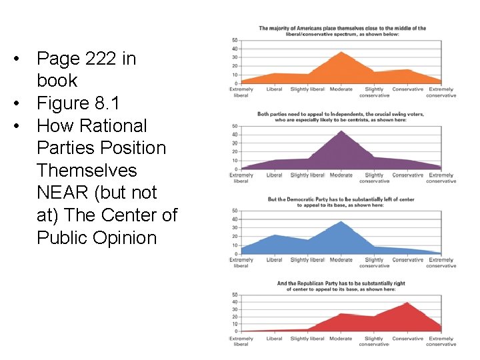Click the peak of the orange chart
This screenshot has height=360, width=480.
click(x=341, y=52)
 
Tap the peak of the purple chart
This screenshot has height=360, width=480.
click(x=341, y=131)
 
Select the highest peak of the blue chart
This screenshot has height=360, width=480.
click(x=341, y=221)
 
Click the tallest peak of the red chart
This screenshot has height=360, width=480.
click(x=407, y=303)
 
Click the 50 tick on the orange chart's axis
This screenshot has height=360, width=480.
click(x=235, y=40)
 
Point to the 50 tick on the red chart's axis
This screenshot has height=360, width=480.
click(x=235, y=295)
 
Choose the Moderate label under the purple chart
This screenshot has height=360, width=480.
click(x=341, y=175)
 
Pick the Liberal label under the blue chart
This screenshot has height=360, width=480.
click(x=274, y=260)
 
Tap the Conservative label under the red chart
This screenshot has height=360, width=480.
click(x=407, y=339)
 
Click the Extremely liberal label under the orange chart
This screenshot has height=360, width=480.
click(x=241, y=92)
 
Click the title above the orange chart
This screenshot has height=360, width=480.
click(x=342, y=31)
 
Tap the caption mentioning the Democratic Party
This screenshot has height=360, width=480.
click(x=341, y=202)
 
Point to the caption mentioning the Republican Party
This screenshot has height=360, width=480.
click(x=341, y=286)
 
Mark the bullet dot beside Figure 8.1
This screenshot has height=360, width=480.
click(x=24, y=104)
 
